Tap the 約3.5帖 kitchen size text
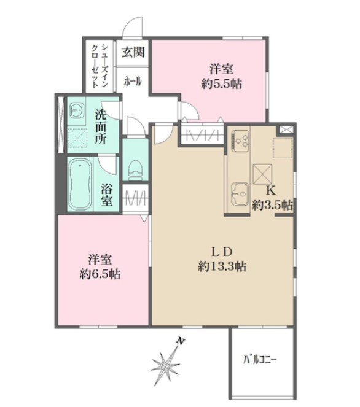[272, 205]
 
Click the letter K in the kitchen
[271, 192]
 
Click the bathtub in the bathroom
[80, 184]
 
